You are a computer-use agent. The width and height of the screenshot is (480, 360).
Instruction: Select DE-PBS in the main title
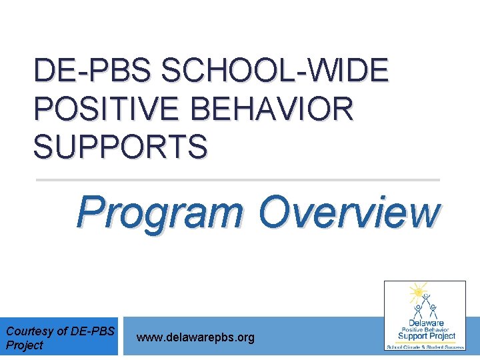tap(93, 71)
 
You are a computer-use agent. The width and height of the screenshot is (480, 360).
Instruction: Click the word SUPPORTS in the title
tap(120, 146)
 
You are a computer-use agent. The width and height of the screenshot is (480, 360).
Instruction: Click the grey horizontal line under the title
tap(237, 180)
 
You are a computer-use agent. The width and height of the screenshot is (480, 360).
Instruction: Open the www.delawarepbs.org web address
tap(195, 338)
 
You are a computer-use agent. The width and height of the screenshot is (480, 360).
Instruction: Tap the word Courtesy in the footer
tap(28, 331)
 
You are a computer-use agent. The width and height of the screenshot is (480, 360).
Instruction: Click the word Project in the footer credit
tap(24, 345)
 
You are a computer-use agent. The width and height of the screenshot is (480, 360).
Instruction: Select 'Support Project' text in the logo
tap(425, 336)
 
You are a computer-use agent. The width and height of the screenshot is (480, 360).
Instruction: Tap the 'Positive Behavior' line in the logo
tap(425, 329)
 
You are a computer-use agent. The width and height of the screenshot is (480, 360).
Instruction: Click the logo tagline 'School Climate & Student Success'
tap(425, 347)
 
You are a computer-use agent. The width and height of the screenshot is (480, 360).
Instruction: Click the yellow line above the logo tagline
tap(425, 342)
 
